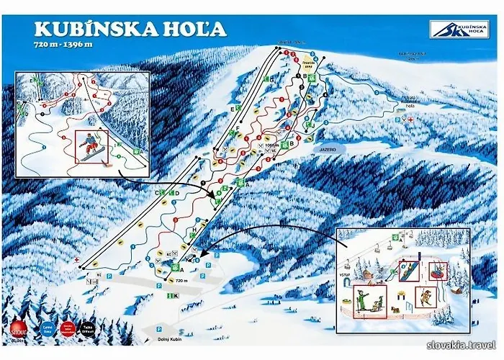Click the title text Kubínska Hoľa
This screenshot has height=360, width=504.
pos(130,29)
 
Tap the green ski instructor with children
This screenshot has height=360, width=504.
pos(369,298)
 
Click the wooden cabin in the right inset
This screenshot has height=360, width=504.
pos(372,272)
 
